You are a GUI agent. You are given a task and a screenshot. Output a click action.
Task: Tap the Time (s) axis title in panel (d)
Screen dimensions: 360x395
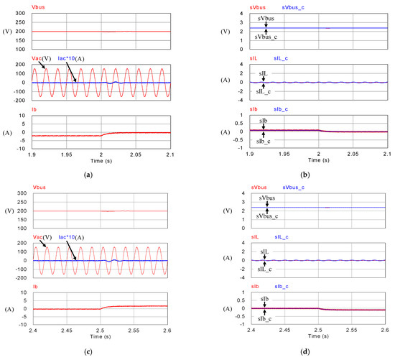tap(320, 338)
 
